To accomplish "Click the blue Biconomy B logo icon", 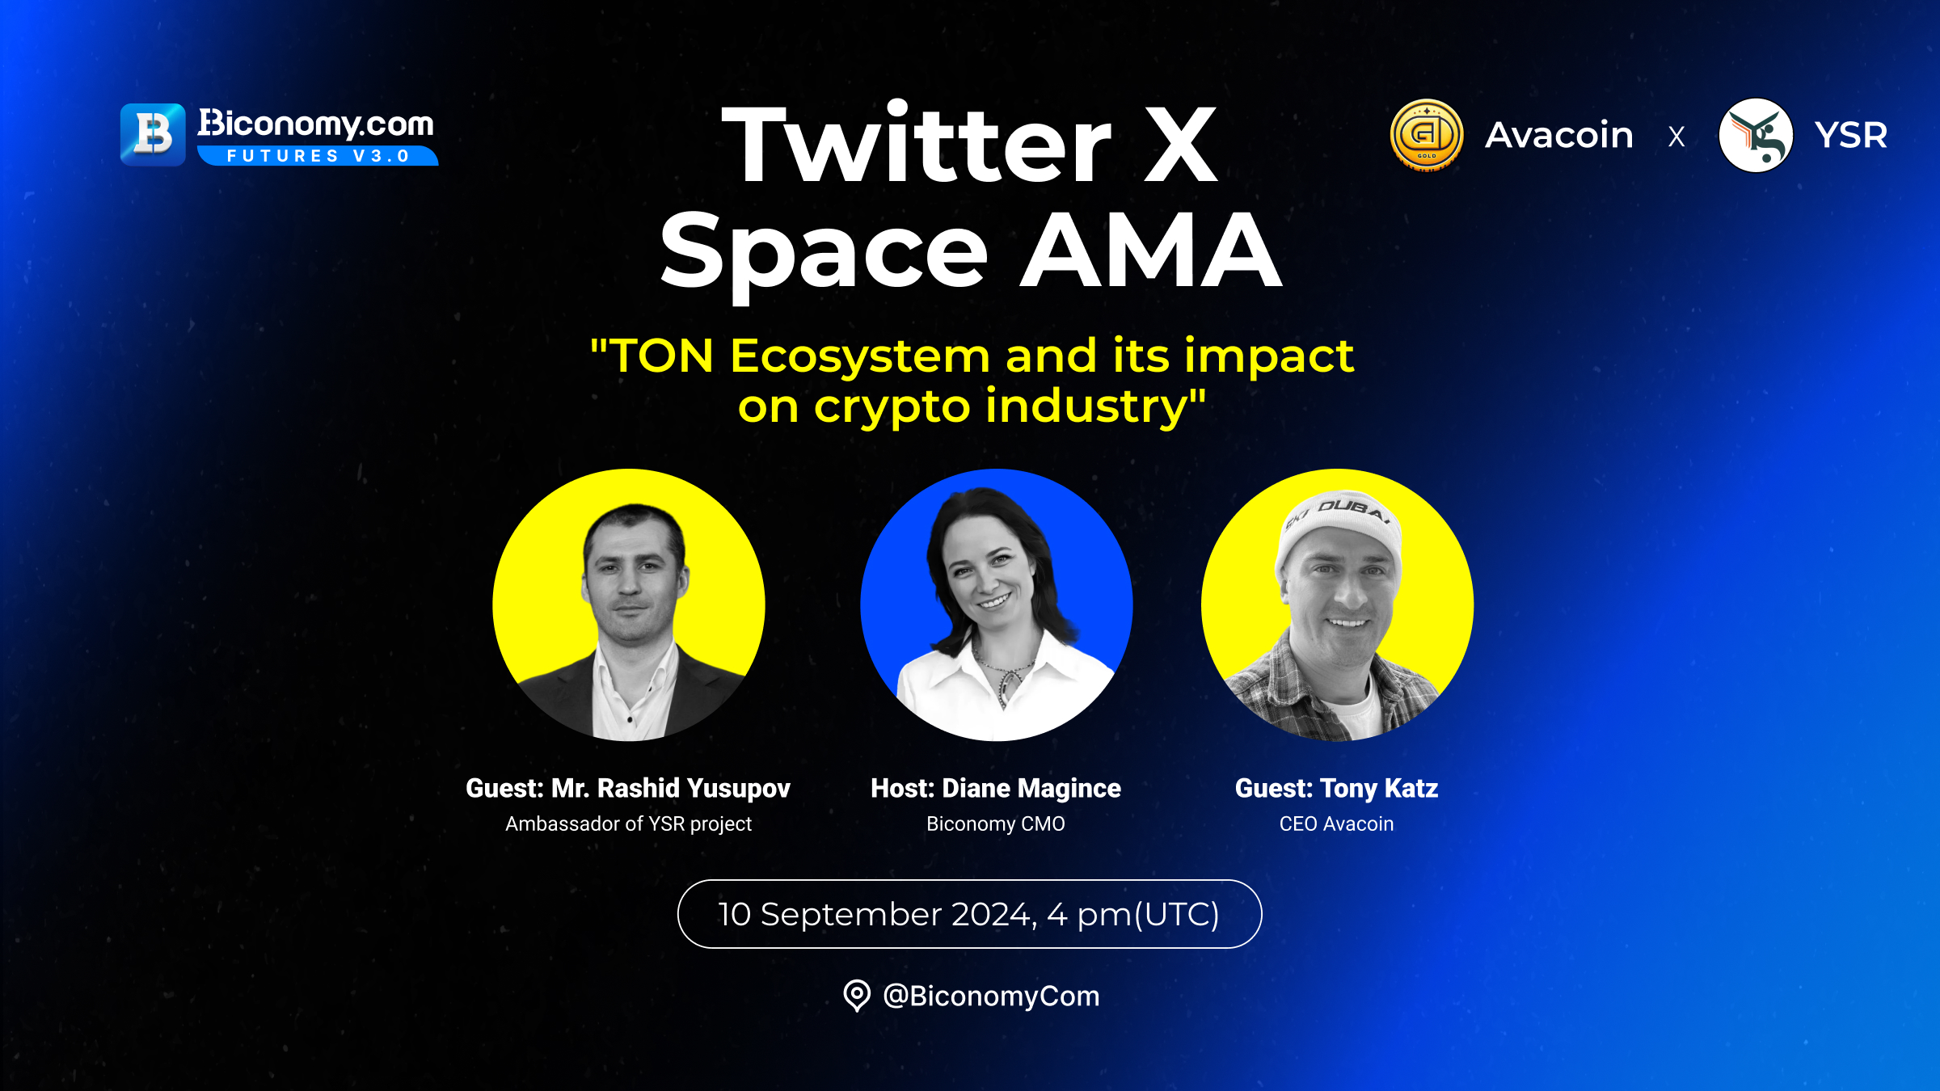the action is [153, 134].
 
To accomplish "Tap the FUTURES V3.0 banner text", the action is [318, 156].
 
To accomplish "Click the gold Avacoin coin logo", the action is [1427, 135].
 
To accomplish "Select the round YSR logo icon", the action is [1756, 135].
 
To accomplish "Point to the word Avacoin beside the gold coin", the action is [1559, 135].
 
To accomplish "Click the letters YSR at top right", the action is [1851, 135].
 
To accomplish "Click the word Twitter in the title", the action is [917, 144].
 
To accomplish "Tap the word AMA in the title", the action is [1150, 250].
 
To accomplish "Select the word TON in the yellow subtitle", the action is [662, 356].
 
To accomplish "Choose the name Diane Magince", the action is [1031, 788].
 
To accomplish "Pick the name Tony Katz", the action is [1379, 788].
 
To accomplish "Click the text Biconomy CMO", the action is [996, 824].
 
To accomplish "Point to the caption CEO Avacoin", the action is [1336, 824].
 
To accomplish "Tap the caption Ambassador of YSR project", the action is [629, 824].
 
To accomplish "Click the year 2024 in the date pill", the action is [992, 914].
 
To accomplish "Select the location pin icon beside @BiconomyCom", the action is [857, 995].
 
